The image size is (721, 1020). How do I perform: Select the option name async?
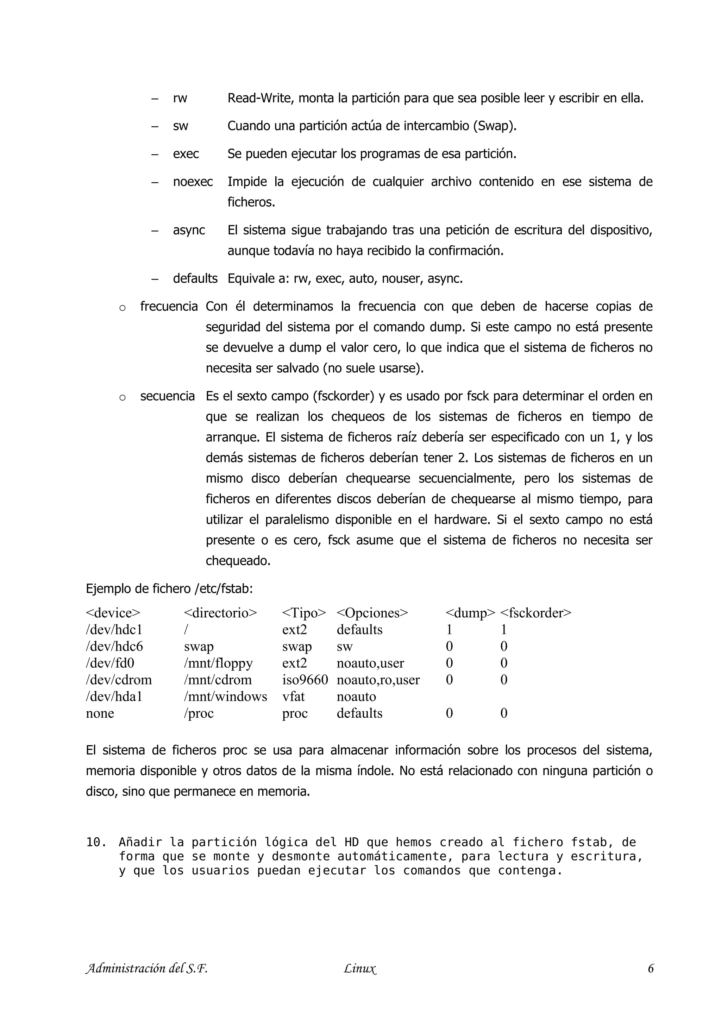click(x=189, y=231)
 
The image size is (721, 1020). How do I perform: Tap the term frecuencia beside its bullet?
click(x=169, y=307)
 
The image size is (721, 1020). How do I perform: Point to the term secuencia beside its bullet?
click(x=168, y=396)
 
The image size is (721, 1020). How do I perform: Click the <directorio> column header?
click(x=220, y=613)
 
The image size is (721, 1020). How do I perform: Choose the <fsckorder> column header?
click(x=535, y=613)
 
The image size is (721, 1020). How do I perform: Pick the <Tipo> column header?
click(x=304, y=613)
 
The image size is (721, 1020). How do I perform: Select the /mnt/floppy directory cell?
click(x=218, y=663)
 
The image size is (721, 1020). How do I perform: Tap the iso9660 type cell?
click(x=305, y=680)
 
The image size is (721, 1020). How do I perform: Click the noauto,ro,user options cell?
click(x=378, y=680)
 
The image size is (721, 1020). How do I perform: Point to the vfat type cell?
click(x=293, y=697)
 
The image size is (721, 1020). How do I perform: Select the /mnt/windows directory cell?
click(x=225, y=697)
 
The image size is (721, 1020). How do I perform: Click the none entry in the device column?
click(x=100, y=713)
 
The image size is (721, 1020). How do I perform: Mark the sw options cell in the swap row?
click(x=344, y=646)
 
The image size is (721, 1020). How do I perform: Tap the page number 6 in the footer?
click(x=650, y=969)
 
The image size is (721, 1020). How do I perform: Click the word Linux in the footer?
click(x=360, y=969)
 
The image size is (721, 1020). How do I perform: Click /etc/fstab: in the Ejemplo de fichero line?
click(x=224, y=589)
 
